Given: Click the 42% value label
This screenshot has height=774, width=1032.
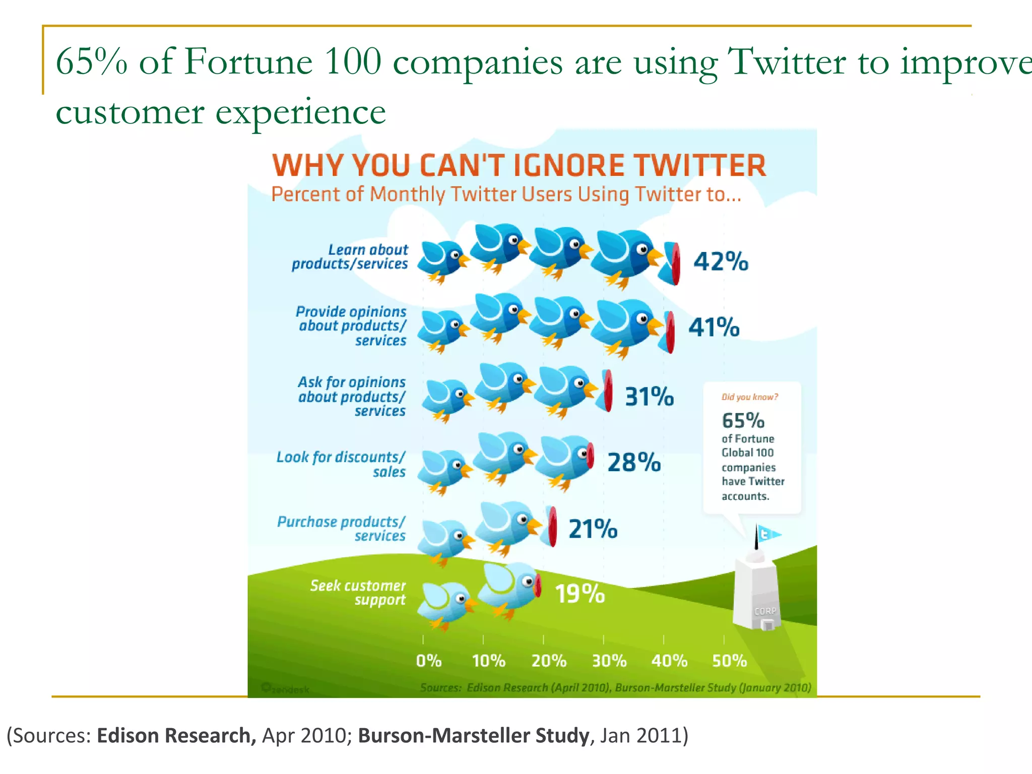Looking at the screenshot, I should coord(721,262).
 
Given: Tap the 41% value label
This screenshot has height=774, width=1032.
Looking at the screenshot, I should coord(714,328).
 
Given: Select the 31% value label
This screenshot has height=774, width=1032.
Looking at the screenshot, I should coord(649,397).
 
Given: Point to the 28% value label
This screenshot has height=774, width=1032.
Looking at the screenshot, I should coord(634,463).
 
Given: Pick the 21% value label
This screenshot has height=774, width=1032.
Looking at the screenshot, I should coord(593,529).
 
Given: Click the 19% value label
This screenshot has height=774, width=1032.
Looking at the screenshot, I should coord(579,594).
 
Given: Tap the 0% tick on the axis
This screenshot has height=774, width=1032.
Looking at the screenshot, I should coord(428,661).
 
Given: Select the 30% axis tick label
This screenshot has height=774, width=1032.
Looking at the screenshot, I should coord(609,661).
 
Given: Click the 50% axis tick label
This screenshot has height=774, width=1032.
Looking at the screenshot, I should coord(729,661).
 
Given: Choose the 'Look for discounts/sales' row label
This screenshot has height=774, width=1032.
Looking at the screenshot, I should coord(341,464).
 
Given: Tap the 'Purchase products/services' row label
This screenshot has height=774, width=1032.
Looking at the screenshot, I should coord(341,529).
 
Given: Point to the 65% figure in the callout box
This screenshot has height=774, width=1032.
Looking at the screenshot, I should coord(743,421).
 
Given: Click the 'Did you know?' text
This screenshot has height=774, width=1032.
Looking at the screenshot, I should coord(749,397).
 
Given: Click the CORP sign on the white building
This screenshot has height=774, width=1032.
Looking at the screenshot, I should coord(765,611).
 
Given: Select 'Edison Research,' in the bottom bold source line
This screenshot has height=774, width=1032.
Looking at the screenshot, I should coord(176,736).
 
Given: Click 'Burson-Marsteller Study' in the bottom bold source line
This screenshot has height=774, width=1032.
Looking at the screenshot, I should coord(473,736).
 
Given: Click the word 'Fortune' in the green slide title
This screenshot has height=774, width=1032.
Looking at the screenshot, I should coord(248,62).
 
